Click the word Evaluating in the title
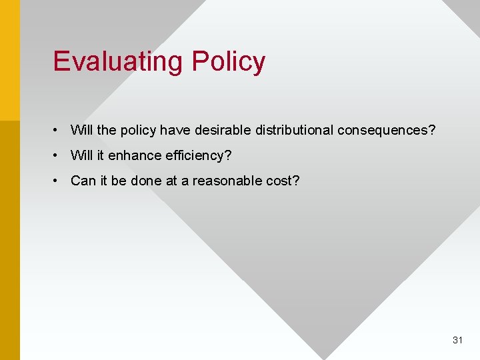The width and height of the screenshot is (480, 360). (119, 61)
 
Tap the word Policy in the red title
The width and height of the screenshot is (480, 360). (228, 61)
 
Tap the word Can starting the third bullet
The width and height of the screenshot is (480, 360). (83, 181)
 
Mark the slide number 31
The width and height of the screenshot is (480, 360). (457, 340)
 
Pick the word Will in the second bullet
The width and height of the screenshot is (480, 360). (82, 155)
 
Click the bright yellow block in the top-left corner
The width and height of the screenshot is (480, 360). (10, 60)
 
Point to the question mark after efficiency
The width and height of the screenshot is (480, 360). (228, 155)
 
